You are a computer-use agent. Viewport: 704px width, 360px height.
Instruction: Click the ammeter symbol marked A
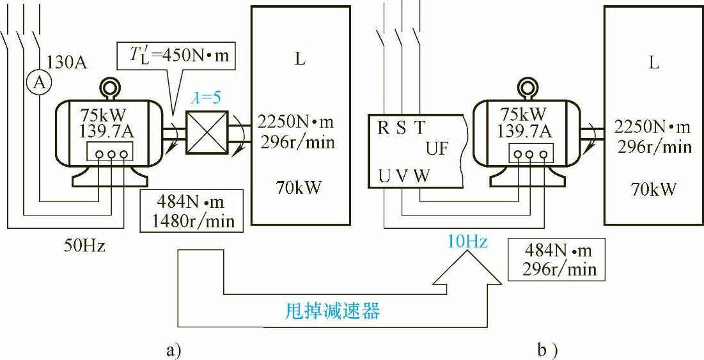click(x=38, y=83)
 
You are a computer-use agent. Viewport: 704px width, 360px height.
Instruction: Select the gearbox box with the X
click(x=207, y=132)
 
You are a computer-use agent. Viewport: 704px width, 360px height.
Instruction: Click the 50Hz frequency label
click(x=84, y=246)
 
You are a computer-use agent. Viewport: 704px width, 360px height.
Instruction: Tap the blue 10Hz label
click(x=467, y=242)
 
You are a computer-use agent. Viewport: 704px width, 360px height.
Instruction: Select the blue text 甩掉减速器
click(x=332, y=311)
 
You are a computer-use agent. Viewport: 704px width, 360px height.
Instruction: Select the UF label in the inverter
click(x=438, y=150)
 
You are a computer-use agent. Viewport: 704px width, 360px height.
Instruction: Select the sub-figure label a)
click(x=175, y=350)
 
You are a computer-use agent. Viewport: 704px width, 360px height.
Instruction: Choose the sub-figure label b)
click(x=549, y=350)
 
